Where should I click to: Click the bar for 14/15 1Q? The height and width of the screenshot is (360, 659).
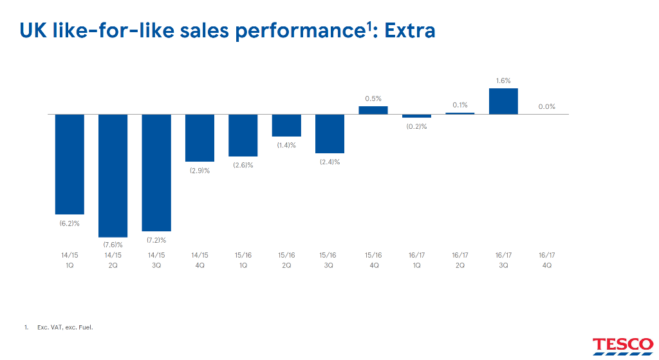pyautogui.click(x=70, y=164)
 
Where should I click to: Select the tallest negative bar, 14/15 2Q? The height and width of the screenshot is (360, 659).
pyautogui.click(x=113, y=175)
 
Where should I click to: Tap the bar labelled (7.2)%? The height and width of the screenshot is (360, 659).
pyautogui.click(x=156, y=173)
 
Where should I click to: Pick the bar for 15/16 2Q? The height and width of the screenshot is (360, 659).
pyautogui.click(x=286, y=125)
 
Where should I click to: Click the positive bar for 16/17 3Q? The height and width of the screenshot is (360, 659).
pyautogui.click(x=503, y=101)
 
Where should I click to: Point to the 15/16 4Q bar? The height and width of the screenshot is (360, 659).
pyautogui.click(x=373, y=109)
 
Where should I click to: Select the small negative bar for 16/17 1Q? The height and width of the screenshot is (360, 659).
pyautogui.click(x=416, y=116)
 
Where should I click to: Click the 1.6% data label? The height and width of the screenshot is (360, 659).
pyautogui.click(x=503, y=81)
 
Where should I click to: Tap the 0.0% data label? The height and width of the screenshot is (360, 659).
pyautogui.click(x=547, y=107)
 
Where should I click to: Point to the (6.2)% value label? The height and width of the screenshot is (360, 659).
pyautogui.click(x=70, y=223)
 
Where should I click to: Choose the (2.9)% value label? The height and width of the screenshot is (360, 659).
pyautogui.click(x=200, y=171)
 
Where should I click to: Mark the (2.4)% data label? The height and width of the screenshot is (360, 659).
pyautogui.click(x=330, y=162)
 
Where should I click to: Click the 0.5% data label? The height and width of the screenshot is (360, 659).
pyautogui.click(x=373, y=99)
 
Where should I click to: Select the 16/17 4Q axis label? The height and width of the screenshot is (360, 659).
pyautogui.click(x=547, y=260)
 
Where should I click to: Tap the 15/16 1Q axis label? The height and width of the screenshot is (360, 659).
pyautogui.click(x=243, y=260)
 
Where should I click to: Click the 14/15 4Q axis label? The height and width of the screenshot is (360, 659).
pyautogui.click(x=200, y=260)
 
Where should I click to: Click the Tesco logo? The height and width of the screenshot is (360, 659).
pyautogui.click(x=623, y=346)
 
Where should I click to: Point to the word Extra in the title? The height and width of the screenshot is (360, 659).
pyautogui.click(x=410, y=31)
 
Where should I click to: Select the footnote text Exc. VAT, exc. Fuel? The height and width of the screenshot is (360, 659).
pyautogui.click(x=65, y=327)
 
